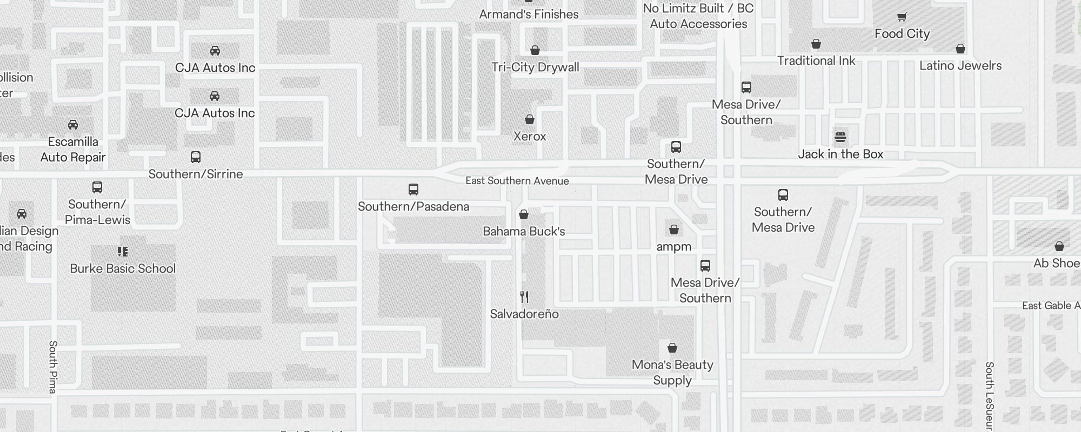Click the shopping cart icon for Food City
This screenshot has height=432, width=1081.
902,17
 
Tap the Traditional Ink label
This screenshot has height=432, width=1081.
816,60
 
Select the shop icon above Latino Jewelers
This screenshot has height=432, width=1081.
960,49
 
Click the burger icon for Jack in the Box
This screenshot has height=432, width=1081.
840,137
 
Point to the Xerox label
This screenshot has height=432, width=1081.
530,136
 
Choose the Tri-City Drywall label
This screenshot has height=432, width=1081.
535,67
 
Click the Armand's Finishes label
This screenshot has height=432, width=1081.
529,14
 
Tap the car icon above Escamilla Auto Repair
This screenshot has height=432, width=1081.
73,125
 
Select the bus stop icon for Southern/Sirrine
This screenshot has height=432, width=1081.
196,157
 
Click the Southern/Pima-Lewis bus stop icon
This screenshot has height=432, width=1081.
97,187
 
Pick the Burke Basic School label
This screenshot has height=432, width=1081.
123,268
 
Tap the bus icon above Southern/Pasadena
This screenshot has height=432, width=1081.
413,190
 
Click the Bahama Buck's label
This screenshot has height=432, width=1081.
524,231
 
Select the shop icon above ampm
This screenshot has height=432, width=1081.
674,230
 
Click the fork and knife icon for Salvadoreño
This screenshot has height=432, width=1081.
524,297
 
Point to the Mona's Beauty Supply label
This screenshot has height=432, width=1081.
672,372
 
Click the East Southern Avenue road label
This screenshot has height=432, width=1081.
517,181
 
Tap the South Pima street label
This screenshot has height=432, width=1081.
53,367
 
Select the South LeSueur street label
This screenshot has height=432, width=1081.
989,397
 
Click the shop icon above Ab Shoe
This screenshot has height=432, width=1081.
1059,247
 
